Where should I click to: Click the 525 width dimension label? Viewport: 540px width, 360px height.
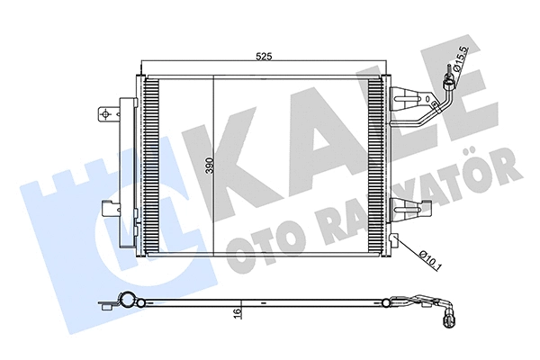(264, 57)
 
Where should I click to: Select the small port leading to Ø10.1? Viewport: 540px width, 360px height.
(394, 239)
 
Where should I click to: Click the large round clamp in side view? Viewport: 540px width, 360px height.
(127, 302)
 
